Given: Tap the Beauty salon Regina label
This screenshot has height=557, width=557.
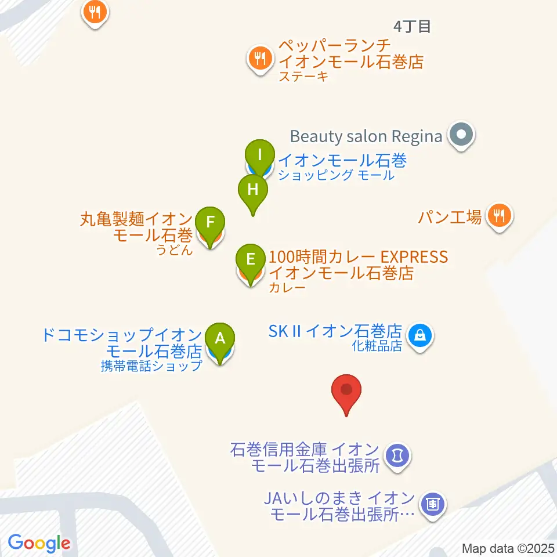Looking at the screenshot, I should click(x=366, y=137).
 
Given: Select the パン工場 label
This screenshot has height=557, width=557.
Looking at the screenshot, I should click(x=450, y=218).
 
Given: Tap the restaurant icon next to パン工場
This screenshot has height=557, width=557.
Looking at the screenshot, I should click(x=498, y=216).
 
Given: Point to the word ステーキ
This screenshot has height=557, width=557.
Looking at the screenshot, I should click(x=303, y=77).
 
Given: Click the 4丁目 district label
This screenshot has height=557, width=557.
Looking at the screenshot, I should click(x=412, y=26).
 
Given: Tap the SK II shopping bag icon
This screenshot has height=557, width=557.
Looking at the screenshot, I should click(x=419, y=335).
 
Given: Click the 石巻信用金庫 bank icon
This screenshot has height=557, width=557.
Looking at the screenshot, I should click(x=397, y=455).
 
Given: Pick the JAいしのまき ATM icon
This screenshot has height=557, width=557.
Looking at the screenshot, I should click(x=432, y=502).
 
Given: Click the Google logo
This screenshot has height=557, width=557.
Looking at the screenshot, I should click(x=39, y=543).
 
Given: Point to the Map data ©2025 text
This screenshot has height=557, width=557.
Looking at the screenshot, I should click(x=508, y=548).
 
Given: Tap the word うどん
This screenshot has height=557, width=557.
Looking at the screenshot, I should click(x=174, y=251).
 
